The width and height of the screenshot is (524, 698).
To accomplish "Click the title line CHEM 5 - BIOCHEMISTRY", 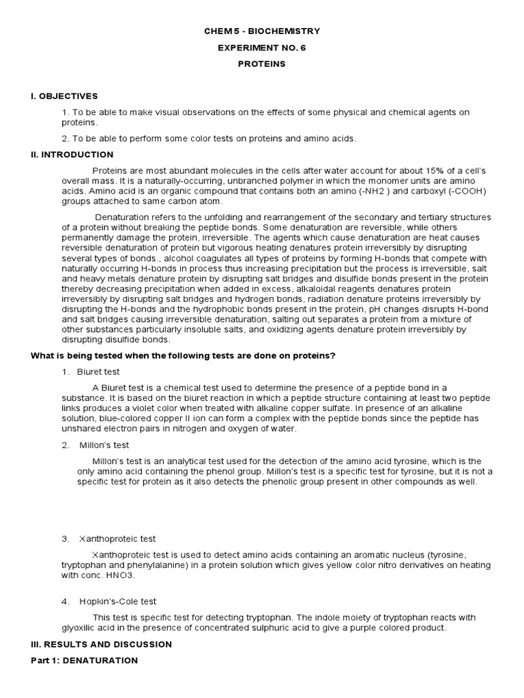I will click(262, 31).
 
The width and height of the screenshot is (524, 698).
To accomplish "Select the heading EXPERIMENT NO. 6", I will click(262, 48).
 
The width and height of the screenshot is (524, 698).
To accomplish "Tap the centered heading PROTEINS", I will click(262, 64).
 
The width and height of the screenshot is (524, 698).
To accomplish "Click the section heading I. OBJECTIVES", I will click(65, 96).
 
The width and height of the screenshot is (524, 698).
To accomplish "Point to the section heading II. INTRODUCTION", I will click(72, 155).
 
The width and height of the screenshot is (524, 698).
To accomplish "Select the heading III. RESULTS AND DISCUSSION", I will click(102, 644).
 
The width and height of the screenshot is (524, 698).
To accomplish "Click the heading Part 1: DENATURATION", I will click(85, 661).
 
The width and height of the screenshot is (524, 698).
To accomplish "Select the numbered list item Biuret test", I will click(100, 372).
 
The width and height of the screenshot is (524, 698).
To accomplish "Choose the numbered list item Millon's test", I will click(104, 445).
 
